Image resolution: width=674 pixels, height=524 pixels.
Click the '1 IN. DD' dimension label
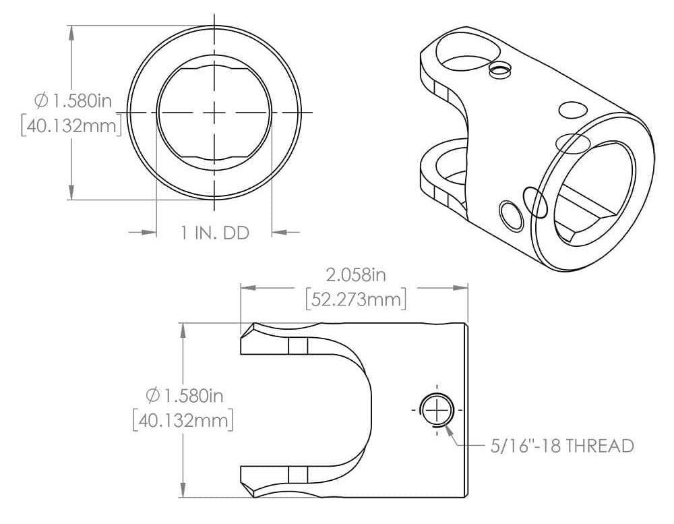coord(215,233)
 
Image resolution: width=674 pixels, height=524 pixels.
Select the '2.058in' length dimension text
coord(355,275)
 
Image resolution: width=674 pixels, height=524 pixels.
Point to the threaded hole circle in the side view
coord(437,409)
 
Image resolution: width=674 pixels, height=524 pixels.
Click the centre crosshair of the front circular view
coord(214,112)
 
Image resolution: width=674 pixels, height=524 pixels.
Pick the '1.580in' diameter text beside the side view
coord(192,394)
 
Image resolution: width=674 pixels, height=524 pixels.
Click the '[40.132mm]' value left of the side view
coord(183,419)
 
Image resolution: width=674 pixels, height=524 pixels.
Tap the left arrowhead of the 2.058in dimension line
coord(249,287)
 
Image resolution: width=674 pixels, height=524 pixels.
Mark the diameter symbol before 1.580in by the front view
coord(41,101)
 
